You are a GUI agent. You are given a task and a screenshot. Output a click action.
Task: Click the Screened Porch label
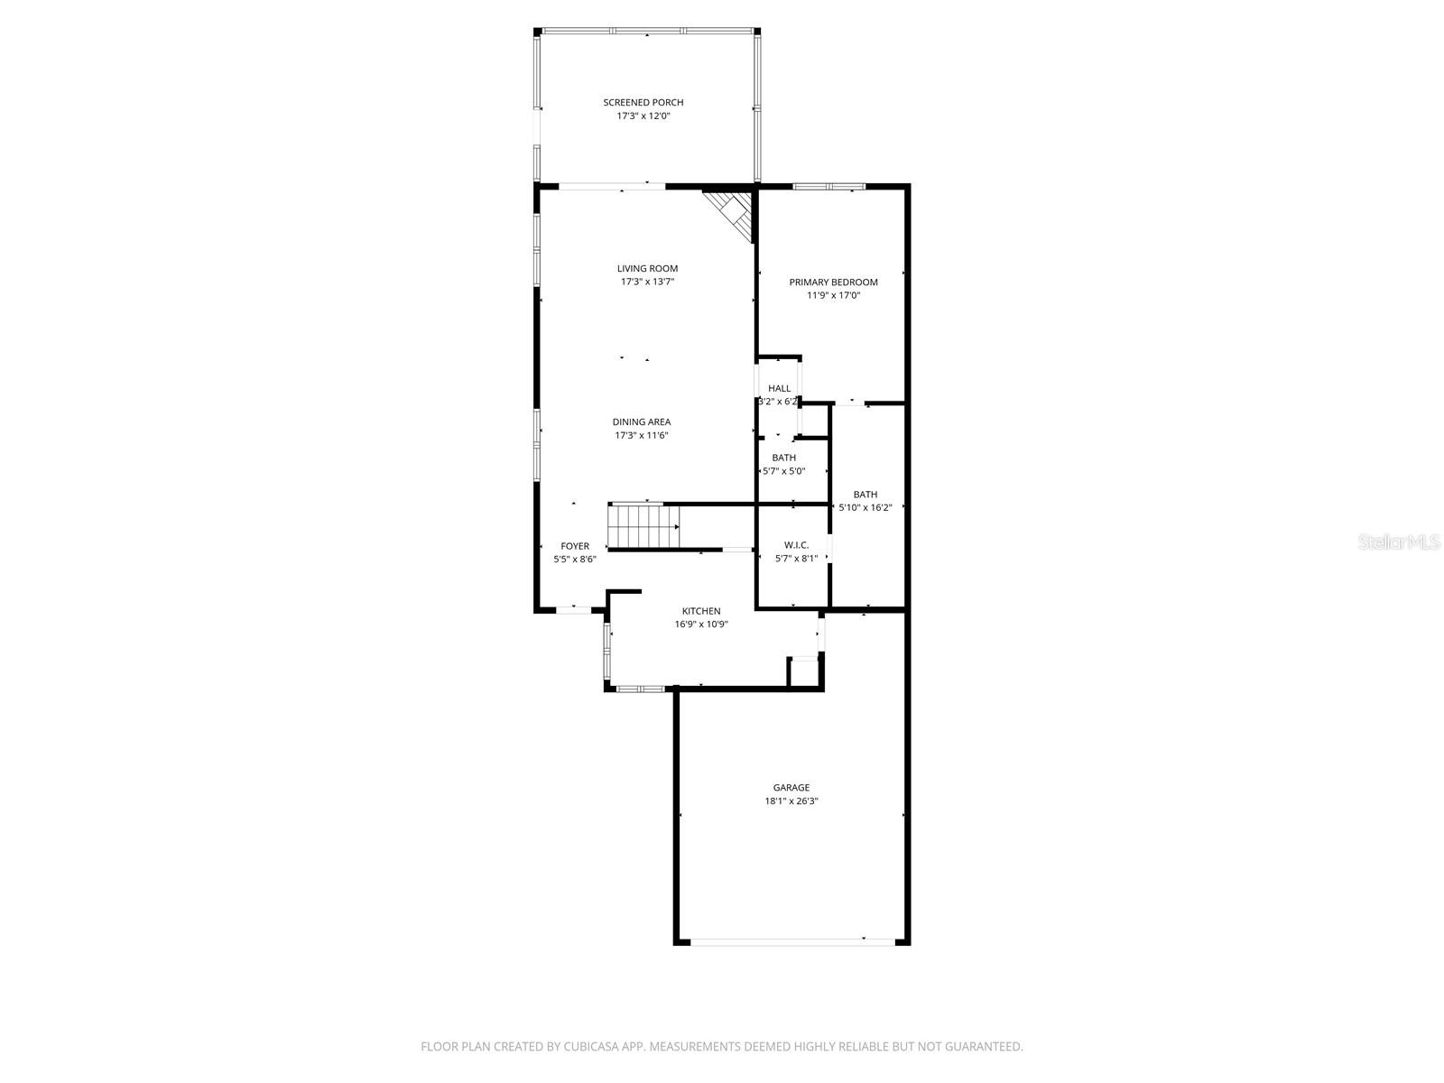pos(643,103)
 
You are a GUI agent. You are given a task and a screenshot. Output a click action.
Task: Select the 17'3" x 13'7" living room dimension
pos(647,282)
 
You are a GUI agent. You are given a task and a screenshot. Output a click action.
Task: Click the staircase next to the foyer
pos(643,527)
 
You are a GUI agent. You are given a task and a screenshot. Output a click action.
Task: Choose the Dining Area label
pos(641,422)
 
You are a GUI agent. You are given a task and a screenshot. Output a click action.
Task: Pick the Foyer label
pos(575,546)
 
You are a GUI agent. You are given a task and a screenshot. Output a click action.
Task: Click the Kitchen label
pos(701,611)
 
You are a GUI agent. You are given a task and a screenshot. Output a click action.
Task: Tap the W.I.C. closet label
pos(796,545)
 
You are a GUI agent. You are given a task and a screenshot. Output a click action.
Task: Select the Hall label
pos(779,389)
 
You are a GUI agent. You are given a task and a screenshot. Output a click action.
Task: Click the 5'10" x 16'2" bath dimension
pos(865,507)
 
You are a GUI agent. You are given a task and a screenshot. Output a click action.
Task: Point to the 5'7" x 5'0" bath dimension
pos(783,471)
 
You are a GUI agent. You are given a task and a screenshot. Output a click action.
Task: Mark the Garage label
pos(791,788)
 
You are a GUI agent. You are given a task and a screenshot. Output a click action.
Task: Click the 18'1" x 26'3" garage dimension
pos(791,801)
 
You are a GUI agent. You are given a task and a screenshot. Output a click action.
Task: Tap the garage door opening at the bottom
pos(792,942)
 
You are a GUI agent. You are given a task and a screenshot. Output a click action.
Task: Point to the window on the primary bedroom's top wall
pos(828,187)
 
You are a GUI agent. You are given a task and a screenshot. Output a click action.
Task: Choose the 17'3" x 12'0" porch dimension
pos(643,116)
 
